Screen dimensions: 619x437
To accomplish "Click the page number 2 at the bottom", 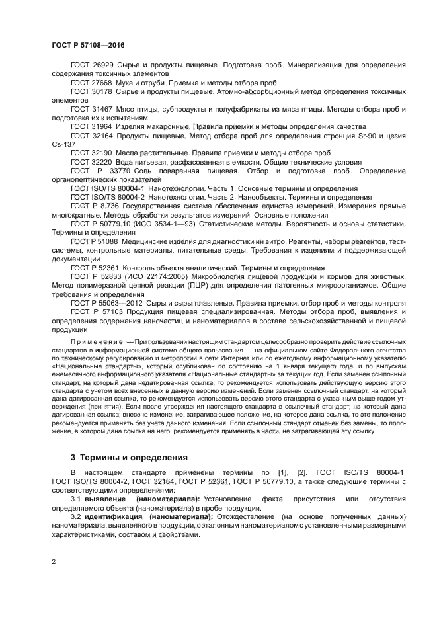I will (x=54, y=562).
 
